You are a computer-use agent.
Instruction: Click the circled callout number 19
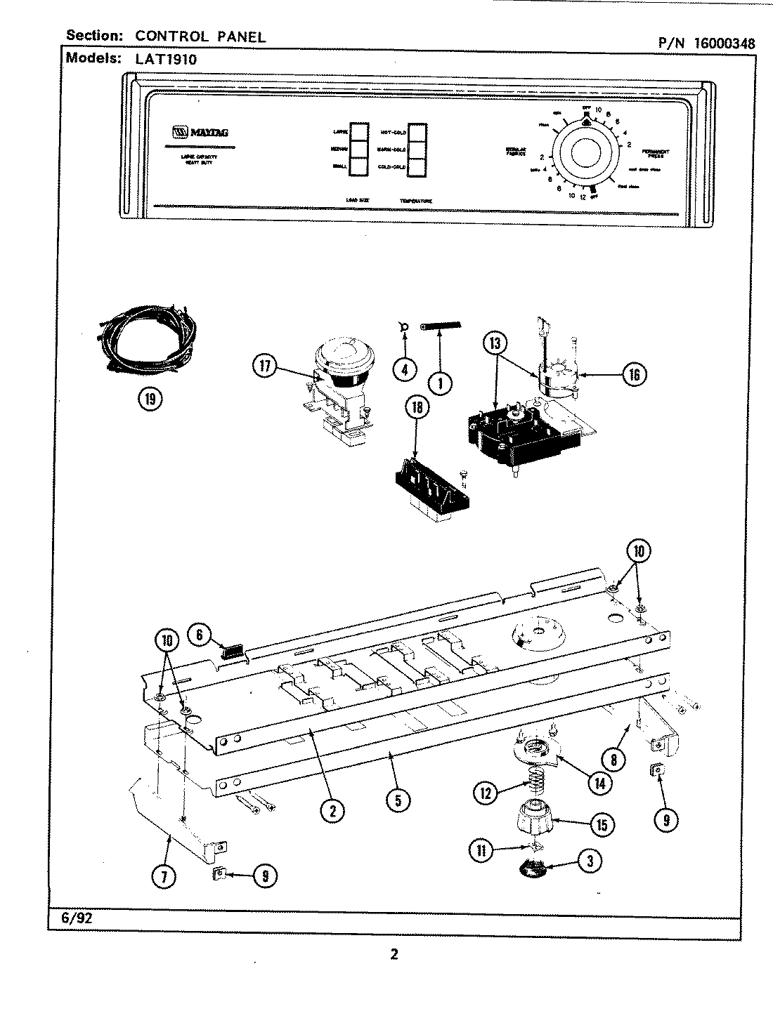click(149, 399)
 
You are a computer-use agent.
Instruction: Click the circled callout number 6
click(199, 635)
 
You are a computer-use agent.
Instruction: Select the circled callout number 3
click(589, 861)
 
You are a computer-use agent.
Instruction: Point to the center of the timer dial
click(585, 154)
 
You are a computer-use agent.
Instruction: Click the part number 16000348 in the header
click(725, 43)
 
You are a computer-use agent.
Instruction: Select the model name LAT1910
click(171, 60)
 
